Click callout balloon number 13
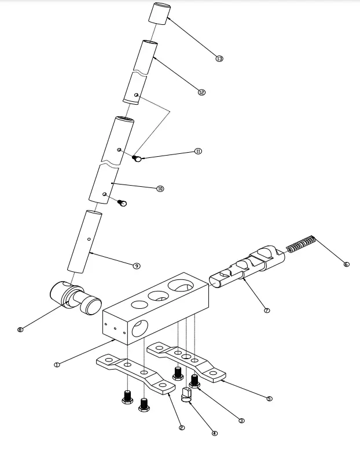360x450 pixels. [219, 58]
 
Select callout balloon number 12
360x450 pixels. [201, 92]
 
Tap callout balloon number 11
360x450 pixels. [199, 151]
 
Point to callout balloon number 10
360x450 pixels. [160, 188]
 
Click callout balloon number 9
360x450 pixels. [137, 266]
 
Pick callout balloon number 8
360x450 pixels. [20, 330]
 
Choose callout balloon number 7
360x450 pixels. [267, 311]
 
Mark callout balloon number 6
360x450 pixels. [346, 264]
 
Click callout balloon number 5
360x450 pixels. [269, 399]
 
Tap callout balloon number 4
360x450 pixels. [215, 433]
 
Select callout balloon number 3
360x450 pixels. [242, 421]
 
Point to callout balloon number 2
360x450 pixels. [182, 427]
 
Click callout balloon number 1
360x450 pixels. [57, 364]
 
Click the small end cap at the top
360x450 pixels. [160, 13]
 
